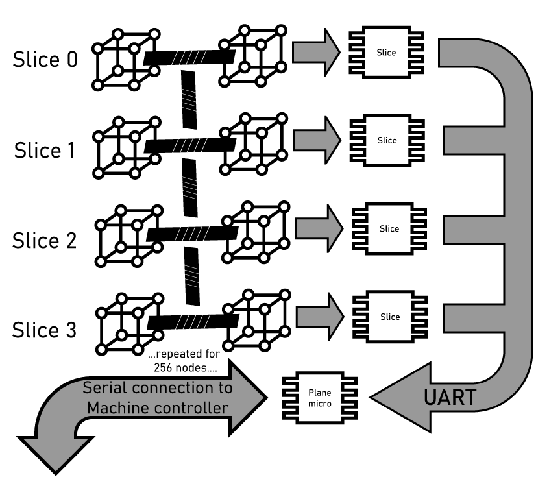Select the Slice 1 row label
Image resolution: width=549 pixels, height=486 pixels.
pos(45,151)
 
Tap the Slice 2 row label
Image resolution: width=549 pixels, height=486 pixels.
pos(44,241)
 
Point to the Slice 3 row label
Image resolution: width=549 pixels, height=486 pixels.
pos(44,330)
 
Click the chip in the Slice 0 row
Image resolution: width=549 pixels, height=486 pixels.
pos(387,53)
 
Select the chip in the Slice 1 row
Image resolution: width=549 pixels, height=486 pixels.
pos(387,140)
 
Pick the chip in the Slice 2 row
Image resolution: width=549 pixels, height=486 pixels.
pos(389,228)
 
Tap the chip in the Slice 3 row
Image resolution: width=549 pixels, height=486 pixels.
pos(389,317)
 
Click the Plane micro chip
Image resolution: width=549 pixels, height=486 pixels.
pos(319,396)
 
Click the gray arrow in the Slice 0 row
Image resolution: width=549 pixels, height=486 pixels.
pos(316,52)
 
